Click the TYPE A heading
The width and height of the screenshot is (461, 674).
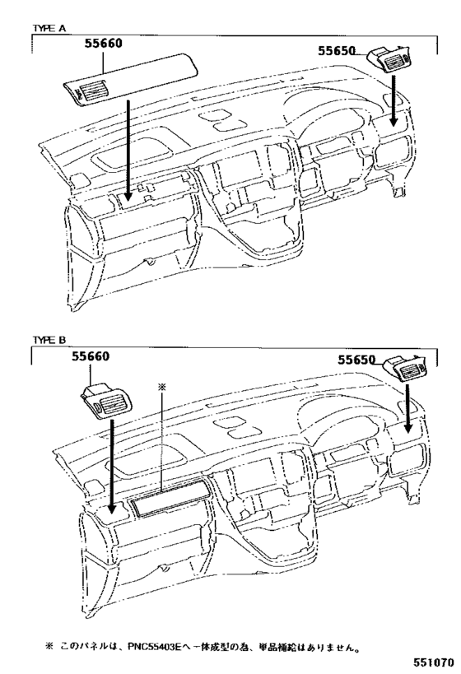[x=49, y=28]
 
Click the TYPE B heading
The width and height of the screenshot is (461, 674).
[x=49, y=339]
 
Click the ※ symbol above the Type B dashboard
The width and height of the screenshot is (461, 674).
[x=162, y=386]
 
